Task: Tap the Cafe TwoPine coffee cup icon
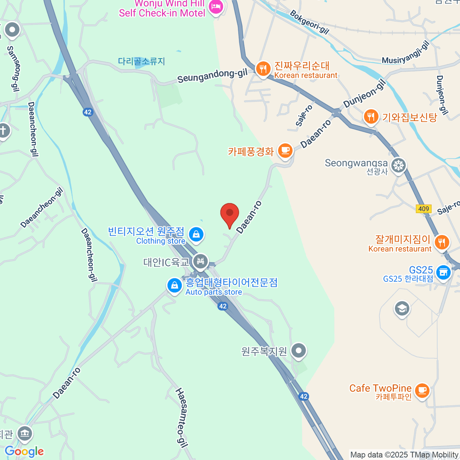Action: point(422,391)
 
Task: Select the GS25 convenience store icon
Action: point(443,273)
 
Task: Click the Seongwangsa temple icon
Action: point(399,166)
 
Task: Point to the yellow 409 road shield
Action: point(424,209)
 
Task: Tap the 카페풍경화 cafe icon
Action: point(284,151)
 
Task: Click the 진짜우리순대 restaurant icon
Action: point(263,69)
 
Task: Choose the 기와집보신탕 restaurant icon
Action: point(371,117)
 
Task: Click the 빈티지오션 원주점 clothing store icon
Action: point(196,234)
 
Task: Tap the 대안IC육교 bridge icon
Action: point(200,262)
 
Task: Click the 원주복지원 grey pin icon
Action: point(299,350)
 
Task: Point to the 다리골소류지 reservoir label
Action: point(141,61)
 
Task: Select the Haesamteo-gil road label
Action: point(181,417)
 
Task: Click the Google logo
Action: point(24,451)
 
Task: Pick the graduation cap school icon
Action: point(402,308)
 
